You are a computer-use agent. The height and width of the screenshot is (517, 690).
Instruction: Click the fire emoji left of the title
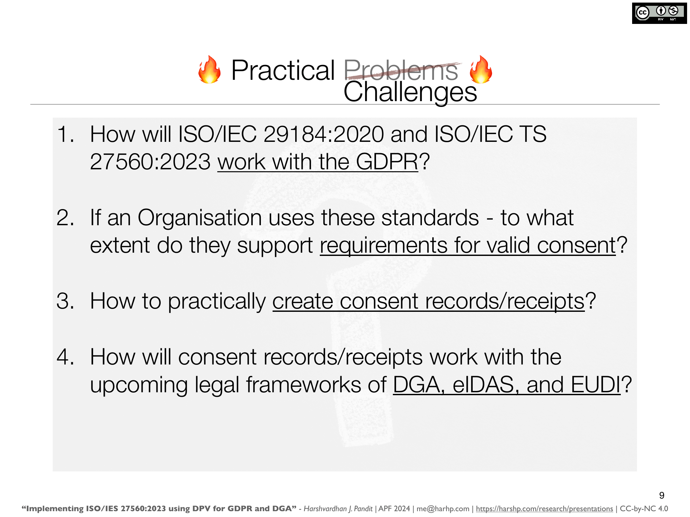pos(210,69)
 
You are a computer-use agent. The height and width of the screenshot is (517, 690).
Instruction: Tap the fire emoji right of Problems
pos(481,69)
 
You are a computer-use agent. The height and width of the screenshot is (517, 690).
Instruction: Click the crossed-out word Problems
pos(401,70)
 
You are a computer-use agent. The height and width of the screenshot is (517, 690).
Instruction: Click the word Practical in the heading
pos(283,70)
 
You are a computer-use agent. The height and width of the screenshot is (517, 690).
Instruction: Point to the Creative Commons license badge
pos(659,13)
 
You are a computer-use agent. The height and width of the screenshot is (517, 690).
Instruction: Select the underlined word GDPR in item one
pos(387,162)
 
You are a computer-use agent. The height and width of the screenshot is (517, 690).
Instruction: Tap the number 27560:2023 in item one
pos(150,162)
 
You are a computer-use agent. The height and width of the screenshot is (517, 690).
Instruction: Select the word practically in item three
pos(217,302)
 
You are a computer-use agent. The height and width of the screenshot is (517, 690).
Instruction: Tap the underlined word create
pos(303,301)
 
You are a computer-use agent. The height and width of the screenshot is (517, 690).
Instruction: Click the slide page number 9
pos(662,495)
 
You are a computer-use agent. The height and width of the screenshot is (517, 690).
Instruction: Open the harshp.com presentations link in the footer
pos(544,509)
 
